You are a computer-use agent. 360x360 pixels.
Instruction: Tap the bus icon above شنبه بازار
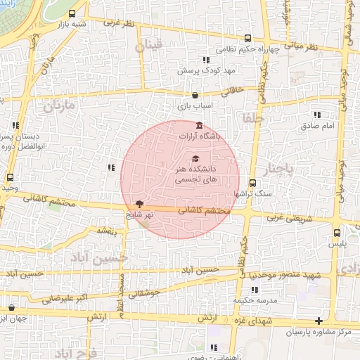point(72,14)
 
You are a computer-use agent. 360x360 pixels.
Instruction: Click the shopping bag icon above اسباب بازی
point(195,95)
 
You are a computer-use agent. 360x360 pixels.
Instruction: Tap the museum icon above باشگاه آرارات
point(199,126)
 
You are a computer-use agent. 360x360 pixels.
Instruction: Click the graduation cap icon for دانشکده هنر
point(195,158)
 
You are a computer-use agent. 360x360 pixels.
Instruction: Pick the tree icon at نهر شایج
point(139,204)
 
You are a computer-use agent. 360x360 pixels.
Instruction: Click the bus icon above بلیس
point(337,231)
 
